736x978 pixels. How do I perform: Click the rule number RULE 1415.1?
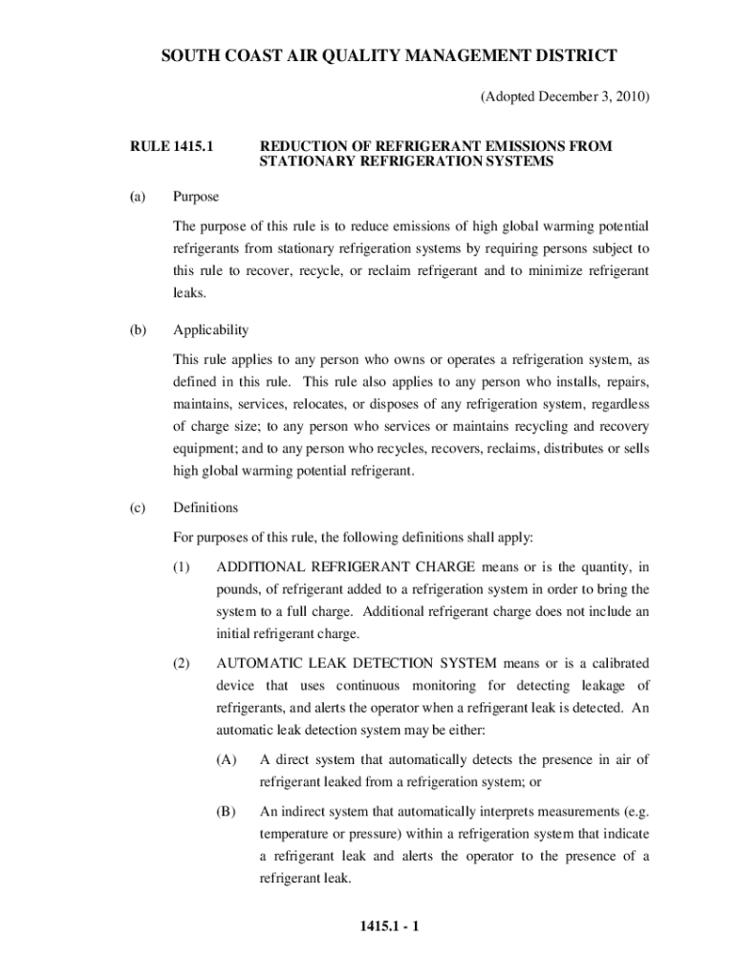171,146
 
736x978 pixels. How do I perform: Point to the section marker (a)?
138,197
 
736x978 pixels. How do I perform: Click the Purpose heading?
196,197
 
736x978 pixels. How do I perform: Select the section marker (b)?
138,330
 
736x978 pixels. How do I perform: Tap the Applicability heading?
210,330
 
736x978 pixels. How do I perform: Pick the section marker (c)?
138,507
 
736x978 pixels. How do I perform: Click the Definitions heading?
206,507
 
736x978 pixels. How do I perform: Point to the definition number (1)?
182,567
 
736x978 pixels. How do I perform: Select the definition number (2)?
182,663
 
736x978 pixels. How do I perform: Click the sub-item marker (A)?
227,760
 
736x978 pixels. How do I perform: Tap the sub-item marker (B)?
227,812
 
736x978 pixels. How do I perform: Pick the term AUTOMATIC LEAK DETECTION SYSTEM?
357,663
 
